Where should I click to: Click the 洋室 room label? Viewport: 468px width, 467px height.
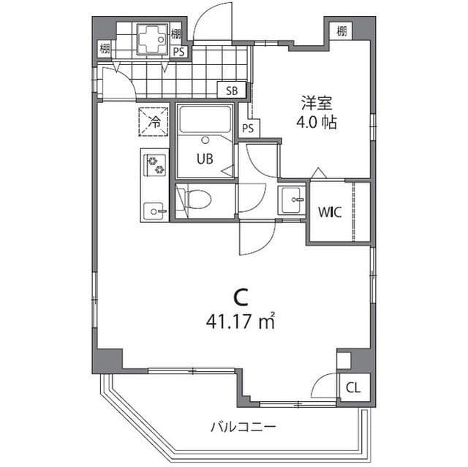point(316,103)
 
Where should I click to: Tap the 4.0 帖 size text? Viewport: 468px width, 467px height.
point(316,122)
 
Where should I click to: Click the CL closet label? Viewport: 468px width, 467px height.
point(353,387)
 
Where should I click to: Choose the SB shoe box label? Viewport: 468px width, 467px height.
point(232,91)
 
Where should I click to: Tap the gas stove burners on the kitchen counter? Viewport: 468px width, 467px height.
point(155,166)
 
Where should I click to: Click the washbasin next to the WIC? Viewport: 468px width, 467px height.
point(292,197)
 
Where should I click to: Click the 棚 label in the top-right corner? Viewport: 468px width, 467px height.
point(341,31)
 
